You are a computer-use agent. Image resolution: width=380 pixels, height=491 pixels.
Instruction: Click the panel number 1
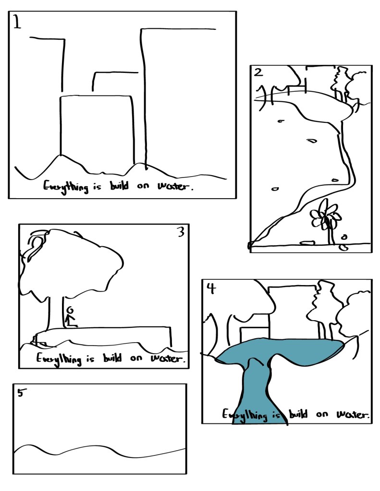click(x=17, y=23)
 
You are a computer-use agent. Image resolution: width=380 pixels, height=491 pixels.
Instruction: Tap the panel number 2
click(x=258, y=72)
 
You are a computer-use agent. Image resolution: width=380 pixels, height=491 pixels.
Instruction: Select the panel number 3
click(x=181, y=232)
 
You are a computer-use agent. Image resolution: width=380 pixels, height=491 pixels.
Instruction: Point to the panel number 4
click(x=212, y=288)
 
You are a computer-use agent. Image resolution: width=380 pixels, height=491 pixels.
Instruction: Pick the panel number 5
click(x=21, y=393)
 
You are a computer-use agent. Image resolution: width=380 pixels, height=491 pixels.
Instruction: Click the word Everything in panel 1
click(x=65, y=186)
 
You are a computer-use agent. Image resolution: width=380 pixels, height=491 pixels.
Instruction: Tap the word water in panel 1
click(x=175, y=186)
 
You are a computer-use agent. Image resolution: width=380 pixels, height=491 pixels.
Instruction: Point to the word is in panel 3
click(x=90, y=358)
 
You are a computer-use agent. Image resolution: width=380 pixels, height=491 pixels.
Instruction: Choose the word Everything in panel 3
click(x=59, y=359)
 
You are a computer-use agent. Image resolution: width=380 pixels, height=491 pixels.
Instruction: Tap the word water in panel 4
click(x=353, y=414)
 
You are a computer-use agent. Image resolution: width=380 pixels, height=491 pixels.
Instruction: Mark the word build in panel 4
click(x=298, y=414)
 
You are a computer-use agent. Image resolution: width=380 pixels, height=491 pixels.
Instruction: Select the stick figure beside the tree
click(x=71, y=317)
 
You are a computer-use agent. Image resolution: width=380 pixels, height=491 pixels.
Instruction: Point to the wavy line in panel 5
click(x=99, y=450)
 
